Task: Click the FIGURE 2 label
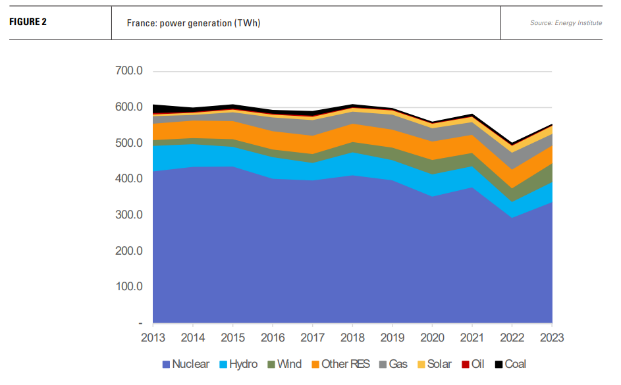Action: [x=28, y=22]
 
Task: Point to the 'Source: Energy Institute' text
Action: [x=566, y=23]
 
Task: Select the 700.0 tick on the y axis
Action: [x=129, y=71]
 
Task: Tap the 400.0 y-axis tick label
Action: [x=129, y=179]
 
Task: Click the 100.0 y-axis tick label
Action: [x=129, y=287]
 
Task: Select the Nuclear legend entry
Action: [x=186, y=364]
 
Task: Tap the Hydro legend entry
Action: [x=238, y=364]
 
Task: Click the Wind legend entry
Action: [x=284, y=364]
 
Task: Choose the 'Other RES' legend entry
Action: [x=340, y=364]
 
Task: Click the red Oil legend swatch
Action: [x=465, y=364]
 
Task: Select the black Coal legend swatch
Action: [x=499, y=364]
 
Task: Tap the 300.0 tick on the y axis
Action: [x=129, y=215]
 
